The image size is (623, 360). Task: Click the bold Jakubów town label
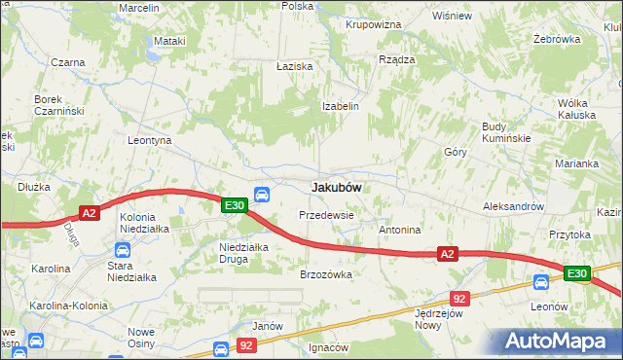pyautogui.click(x=337, y=187)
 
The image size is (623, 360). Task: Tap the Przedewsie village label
pyautogui.click(x=326, y=214)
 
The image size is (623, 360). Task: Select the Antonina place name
pyautogui.click(x=399, y=231)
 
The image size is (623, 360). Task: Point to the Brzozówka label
pyautogui.click(x=326, y=274)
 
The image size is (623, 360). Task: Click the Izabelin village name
pyautogui.click(x=341, y=106)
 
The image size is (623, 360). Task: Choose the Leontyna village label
pyautogui.click(x=150, y=140)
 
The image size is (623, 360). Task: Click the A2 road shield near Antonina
pyautogui.click(x=447, y=254)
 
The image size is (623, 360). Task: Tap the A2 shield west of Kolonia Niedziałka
pyautogui.click(x=89, y=213)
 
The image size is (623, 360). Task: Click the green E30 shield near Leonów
pyautogui.click(x=576, y=274)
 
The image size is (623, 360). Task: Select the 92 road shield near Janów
pyautogui.click(x=247, y=345)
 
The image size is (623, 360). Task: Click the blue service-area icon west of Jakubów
pyautogui.click(x=261, y=194)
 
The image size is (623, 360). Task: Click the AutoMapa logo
pyautogui.click(x=556, y=342)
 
